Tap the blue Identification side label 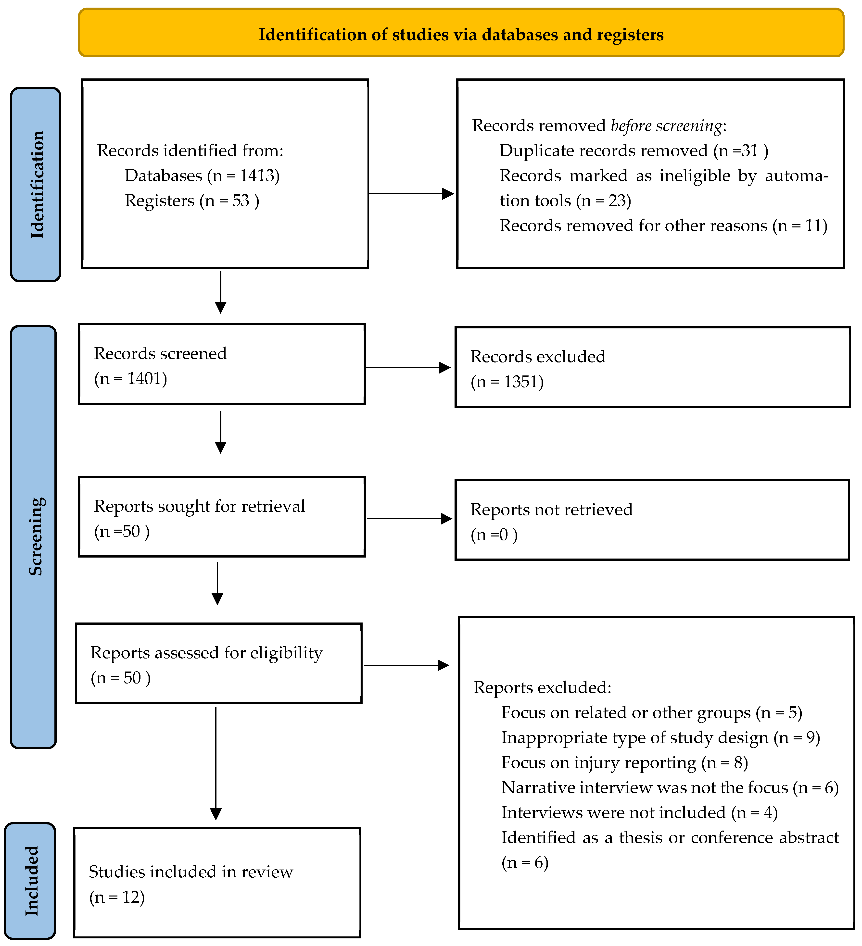point(36,184)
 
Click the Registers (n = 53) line point(191,201)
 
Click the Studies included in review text point(191,872)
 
